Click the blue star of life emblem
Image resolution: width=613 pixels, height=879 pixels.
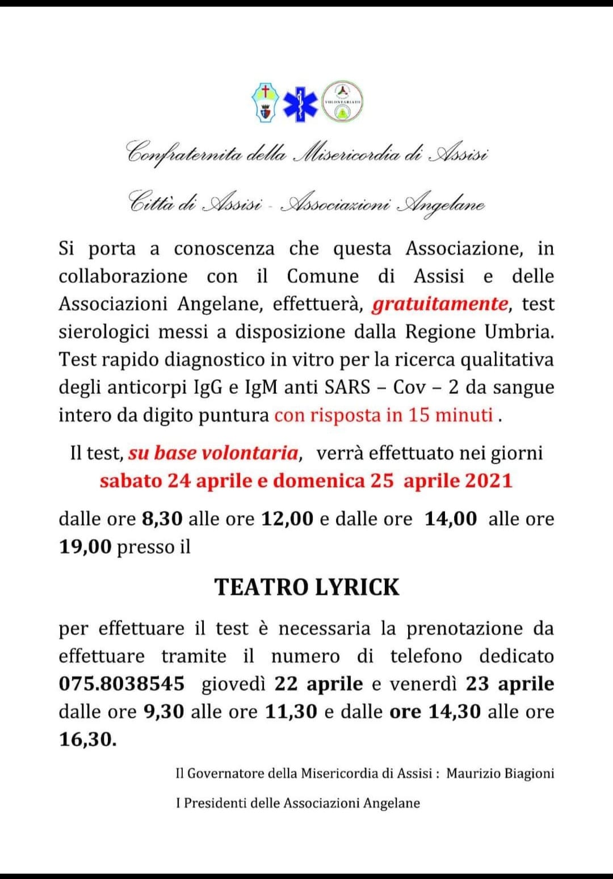point(301,103)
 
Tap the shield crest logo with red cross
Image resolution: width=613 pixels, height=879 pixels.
point(265,103)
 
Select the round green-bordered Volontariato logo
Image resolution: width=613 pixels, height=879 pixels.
point(342,102)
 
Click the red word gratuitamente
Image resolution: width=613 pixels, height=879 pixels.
point(440,304)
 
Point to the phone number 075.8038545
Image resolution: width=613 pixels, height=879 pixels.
point(121,684)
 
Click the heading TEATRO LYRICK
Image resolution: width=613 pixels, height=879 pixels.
point(307,587)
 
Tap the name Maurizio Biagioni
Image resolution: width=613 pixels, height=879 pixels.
point(500,773)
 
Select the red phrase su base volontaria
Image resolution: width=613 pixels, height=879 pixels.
point(213,453)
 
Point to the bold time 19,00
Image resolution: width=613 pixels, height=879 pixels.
point(85,546)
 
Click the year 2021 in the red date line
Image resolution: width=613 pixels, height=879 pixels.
point(489,481)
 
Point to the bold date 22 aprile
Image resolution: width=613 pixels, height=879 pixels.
point(318,684)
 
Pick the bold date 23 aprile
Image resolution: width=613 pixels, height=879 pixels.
point(510,684)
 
